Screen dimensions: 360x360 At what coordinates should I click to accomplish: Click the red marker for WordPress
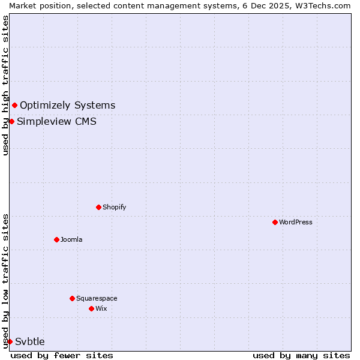tap(275, 222)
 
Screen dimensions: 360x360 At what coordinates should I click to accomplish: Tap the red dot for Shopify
tap(99, 207)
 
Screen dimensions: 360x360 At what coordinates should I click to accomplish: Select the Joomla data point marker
tap(57, 239)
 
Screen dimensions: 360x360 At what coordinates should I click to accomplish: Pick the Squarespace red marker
tap(73, 298)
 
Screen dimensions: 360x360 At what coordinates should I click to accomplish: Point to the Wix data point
tap(92, 308)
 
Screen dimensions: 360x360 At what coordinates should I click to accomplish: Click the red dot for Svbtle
tap(10, 341)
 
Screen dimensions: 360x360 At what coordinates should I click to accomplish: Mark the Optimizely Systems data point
tap(15, 106)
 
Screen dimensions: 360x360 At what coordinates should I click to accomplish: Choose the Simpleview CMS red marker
tap(11, 121)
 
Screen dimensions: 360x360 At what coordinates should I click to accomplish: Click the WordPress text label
tap(296, 222)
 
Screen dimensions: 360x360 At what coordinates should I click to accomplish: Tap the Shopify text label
tap(115, 207)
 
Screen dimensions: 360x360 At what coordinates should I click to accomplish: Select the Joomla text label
tap(71, 239)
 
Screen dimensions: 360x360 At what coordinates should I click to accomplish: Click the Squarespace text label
tap(97, 298)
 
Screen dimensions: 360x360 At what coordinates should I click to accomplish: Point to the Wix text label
tap(101, 308)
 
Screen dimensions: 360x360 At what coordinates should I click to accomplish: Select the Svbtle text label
tap(30, 341)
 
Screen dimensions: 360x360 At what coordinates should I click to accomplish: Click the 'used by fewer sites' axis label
tap(62, 355)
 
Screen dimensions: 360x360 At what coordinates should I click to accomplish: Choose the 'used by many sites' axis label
tap(301, 355)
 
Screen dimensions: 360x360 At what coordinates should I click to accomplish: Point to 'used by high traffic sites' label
tap(5, 85)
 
